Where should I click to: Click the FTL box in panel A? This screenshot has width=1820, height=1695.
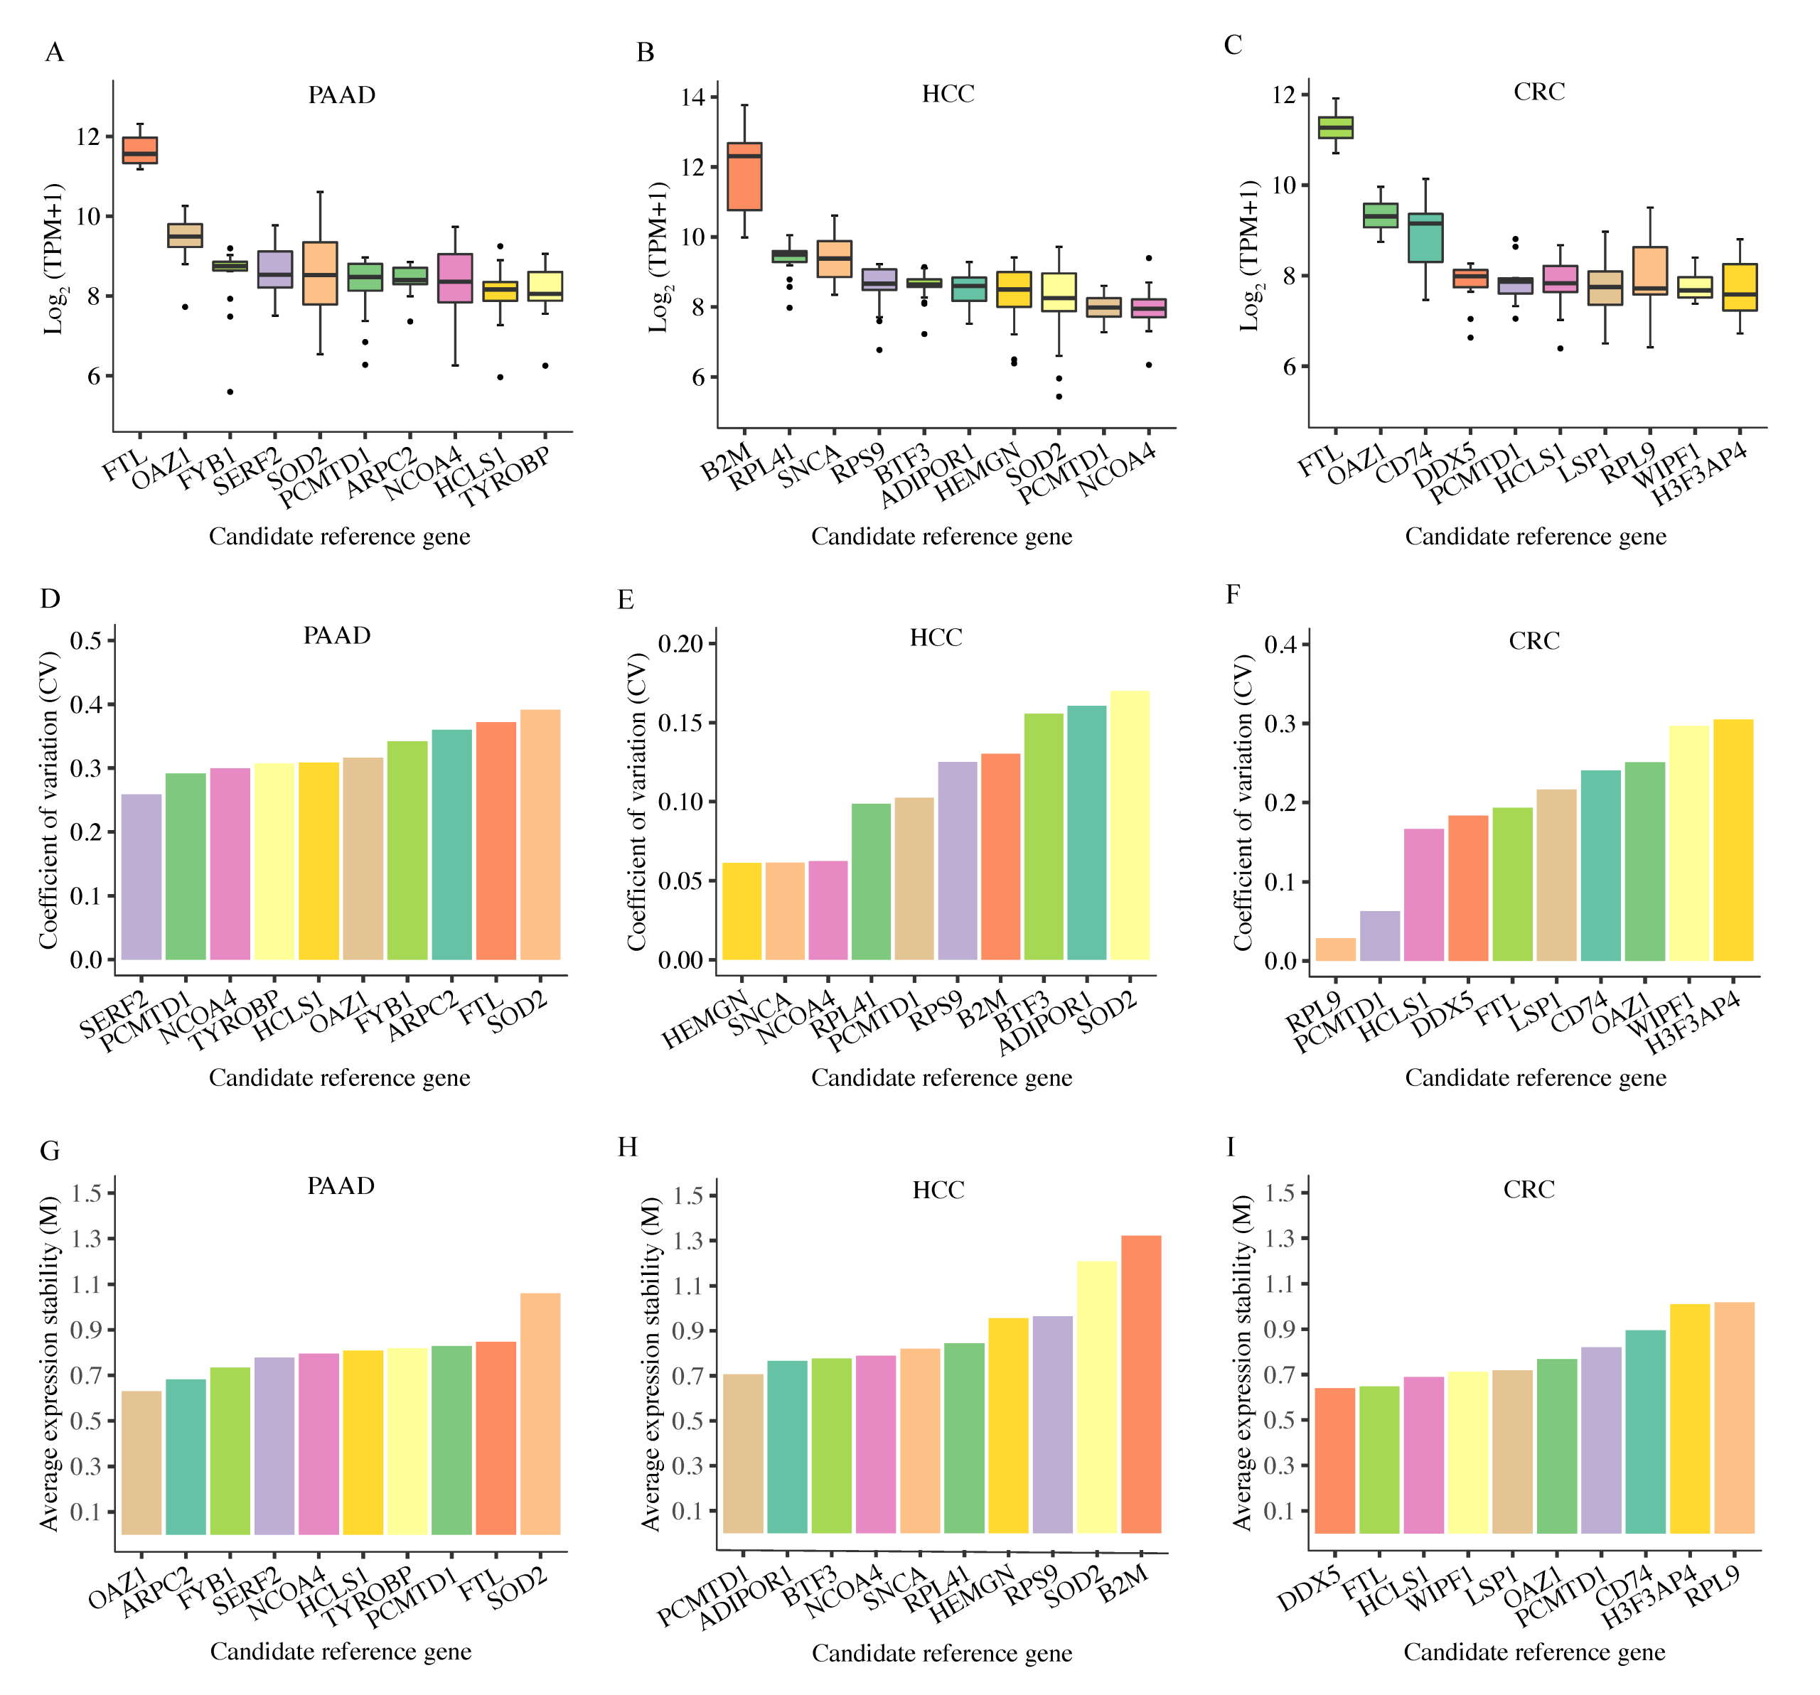(x=140, y=150)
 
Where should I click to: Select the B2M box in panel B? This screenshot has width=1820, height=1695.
(x=744, y=176)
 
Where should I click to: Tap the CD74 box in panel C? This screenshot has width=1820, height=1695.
(x=1425, y=237)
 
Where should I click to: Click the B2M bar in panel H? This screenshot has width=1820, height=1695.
(x=1141, y=1384)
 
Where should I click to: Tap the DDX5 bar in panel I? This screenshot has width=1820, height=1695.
(x=1335, y=1460)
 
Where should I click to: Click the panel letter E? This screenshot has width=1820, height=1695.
(x=626, y=600)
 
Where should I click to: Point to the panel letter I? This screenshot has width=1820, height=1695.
(x=1231, y=1147)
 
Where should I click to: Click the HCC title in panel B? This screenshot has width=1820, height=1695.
(x=948, y=93)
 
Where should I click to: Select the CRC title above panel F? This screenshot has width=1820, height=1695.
(x=1533, y=640)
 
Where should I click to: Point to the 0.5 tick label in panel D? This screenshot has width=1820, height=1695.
(x=86, y=640)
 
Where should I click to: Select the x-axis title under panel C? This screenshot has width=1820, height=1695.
(x=1536, y=537)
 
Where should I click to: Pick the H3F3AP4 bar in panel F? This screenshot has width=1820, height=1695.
(x=1733, y=839)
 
